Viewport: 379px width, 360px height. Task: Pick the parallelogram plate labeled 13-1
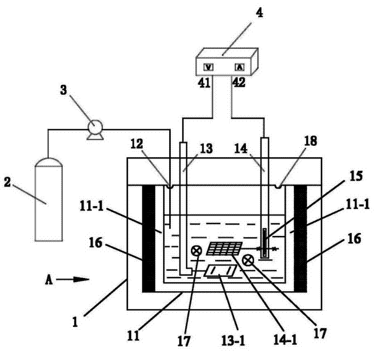pos(220,271)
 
